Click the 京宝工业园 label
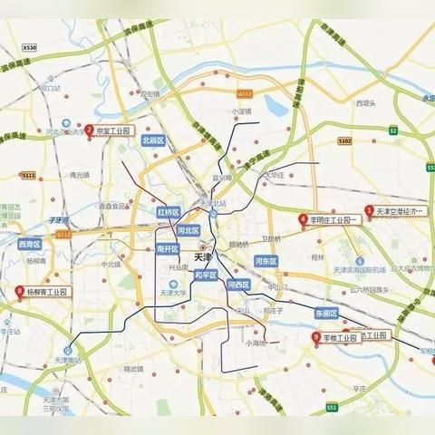(117, 130)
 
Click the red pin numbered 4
(303, 218)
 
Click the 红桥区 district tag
(169, 211)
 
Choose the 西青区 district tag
(30, 244)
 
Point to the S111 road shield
(28, 175)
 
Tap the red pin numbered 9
(314, 337)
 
